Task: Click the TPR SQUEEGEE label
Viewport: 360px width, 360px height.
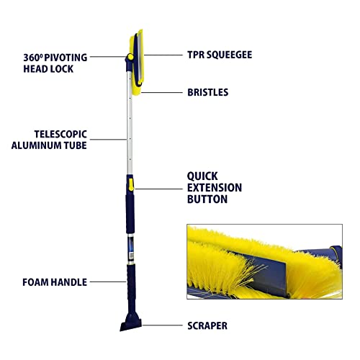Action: tap(220, 55)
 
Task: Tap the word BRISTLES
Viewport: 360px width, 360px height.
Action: tap(208, 92)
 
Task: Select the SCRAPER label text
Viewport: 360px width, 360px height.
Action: tap(207, 325)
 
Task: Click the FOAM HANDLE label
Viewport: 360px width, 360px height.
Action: tap(55, 282)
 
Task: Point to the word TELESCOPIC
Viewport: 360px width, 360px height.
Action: tap(60, 134)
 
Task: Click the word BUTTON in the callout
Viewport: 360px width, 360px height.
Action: tap(207, 199)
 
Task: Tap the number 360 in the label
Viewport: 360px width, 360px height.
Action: tap(32, 58)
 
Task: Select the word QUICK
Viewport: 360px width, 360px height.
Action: tap(202, 176)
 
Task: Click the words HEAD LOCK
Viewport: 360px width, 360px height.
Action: tap(48, 69)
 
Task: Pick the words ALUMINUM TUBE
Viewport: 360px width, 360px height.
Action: tap(49, 145)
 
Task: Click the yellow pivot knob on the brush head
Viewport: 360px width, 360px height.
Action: tap(130, 57)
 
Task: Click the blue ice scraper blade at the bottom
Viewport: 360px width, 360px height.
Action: tap(131, 324)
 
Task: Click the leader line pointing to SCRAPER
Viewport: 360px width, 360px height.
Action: tap(162, 325)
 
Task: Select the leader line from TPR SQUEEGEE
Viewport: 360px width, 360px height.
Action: tap(163, 55)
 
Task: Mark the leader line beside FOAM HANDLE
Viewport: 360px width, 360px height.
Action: tap(108, 282)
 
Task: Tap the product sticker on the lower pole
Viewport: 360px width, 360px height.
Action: tap(131, 250)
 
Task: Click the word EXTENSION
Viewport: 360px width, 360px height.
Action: tap(215, 188)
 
